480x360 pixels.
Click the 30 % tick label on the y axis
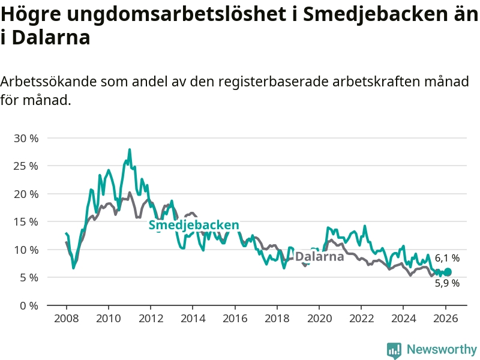(26, 138)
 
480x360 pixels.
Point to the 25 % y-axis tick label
(26, 166)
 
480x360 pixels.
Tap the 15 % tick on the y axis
(26, 221)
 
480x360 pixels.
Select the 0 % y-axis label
(29, 305)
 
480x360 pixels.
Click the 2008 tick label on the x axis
(65, 318)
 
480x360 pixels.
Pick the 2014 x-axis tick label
(192, 318)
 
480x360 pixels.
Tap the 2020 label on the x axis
(319, 318)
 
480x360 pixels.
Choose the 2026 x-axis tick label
(446, 318)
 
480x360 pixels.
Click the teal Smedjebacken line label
(194, 225)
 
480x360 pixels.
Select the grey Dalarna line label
(319, 257)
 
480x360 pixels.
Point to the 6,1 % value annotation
(447, 258)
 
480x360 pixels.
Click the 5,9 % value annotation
(447, 283)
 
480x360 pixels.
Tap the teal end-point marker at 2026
(447, 272)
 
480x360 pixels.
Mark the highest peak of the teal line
(130, 149)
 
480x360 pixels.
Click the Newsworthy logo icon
(394, 349)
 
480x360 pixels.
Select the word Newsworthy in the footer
(442, 349)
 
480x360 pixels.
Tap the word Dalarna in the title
(51, 38)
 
